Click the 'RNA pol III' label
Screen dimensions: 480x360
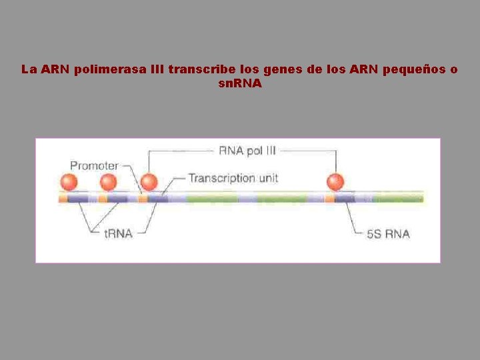[247, 151]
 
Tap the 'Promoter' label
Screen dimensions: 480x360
[94, 165]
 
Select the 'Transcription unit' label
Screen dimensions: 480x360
[233, 178]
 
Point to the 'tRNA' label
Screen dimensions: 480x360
[119, 233]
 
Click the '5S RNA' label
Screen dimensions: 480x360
[388, 233]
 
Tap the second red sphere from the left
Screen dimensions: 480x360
[108, 182]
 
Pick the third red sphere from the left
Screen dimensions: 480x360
[149, 182]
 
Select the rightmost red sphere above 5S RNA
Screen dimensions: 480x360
[335, 182]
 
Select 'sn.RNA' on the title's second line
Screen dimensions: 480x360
[240, 84]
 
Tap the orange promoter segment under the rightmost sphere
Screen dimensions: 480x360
[329, 198]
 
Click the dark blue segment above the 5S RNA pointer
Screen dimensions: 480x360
[345, 198]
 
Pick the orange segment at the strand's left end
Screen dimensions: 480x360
[63, 198]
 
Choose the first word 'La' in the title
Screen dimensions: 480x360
[28, 69]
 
